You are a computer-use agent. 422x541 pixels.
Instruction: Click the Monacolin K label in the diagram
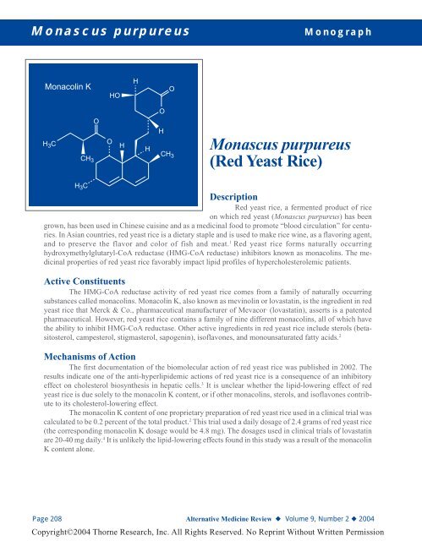(x=68, y=87)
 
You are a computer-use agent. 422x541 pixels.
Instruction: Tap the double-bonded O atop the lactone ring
(x=172, y=88)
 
